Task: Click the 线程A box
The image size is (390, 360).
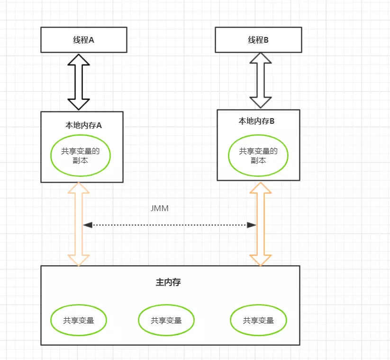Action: click(83, 40)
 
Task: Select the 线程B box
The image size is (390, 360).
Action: click(258, 40)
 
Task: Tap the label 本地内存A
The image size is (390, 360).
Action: click(83, 126)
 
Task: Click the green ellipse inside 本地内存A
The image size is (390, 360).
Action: click(81, 156)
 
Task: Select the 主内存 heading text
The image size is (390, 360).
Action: click(168, 282)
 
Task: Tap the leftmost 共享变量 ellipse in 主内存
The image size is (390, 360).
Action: click(79, 320)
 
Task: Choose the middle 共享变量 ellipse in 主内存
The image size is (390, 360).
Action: click(166, 320)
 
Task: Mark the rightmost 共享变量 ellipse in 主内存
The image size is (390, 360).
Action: click(258, 320)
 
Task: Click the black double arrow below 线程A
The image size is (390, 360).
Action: click(79, 82)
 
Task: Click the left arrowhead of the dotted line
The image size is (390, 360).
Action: click(87, 225)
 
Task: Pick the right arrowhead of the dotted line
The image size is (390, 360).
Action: click(253, 225)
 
